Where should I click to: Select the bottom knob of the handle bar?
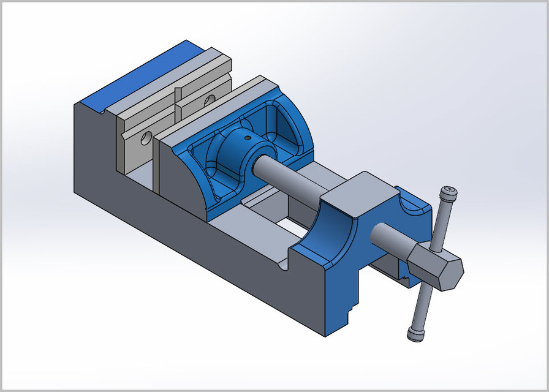pos(415,333)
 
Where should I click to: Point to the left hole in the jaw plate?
pos(146,138)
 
